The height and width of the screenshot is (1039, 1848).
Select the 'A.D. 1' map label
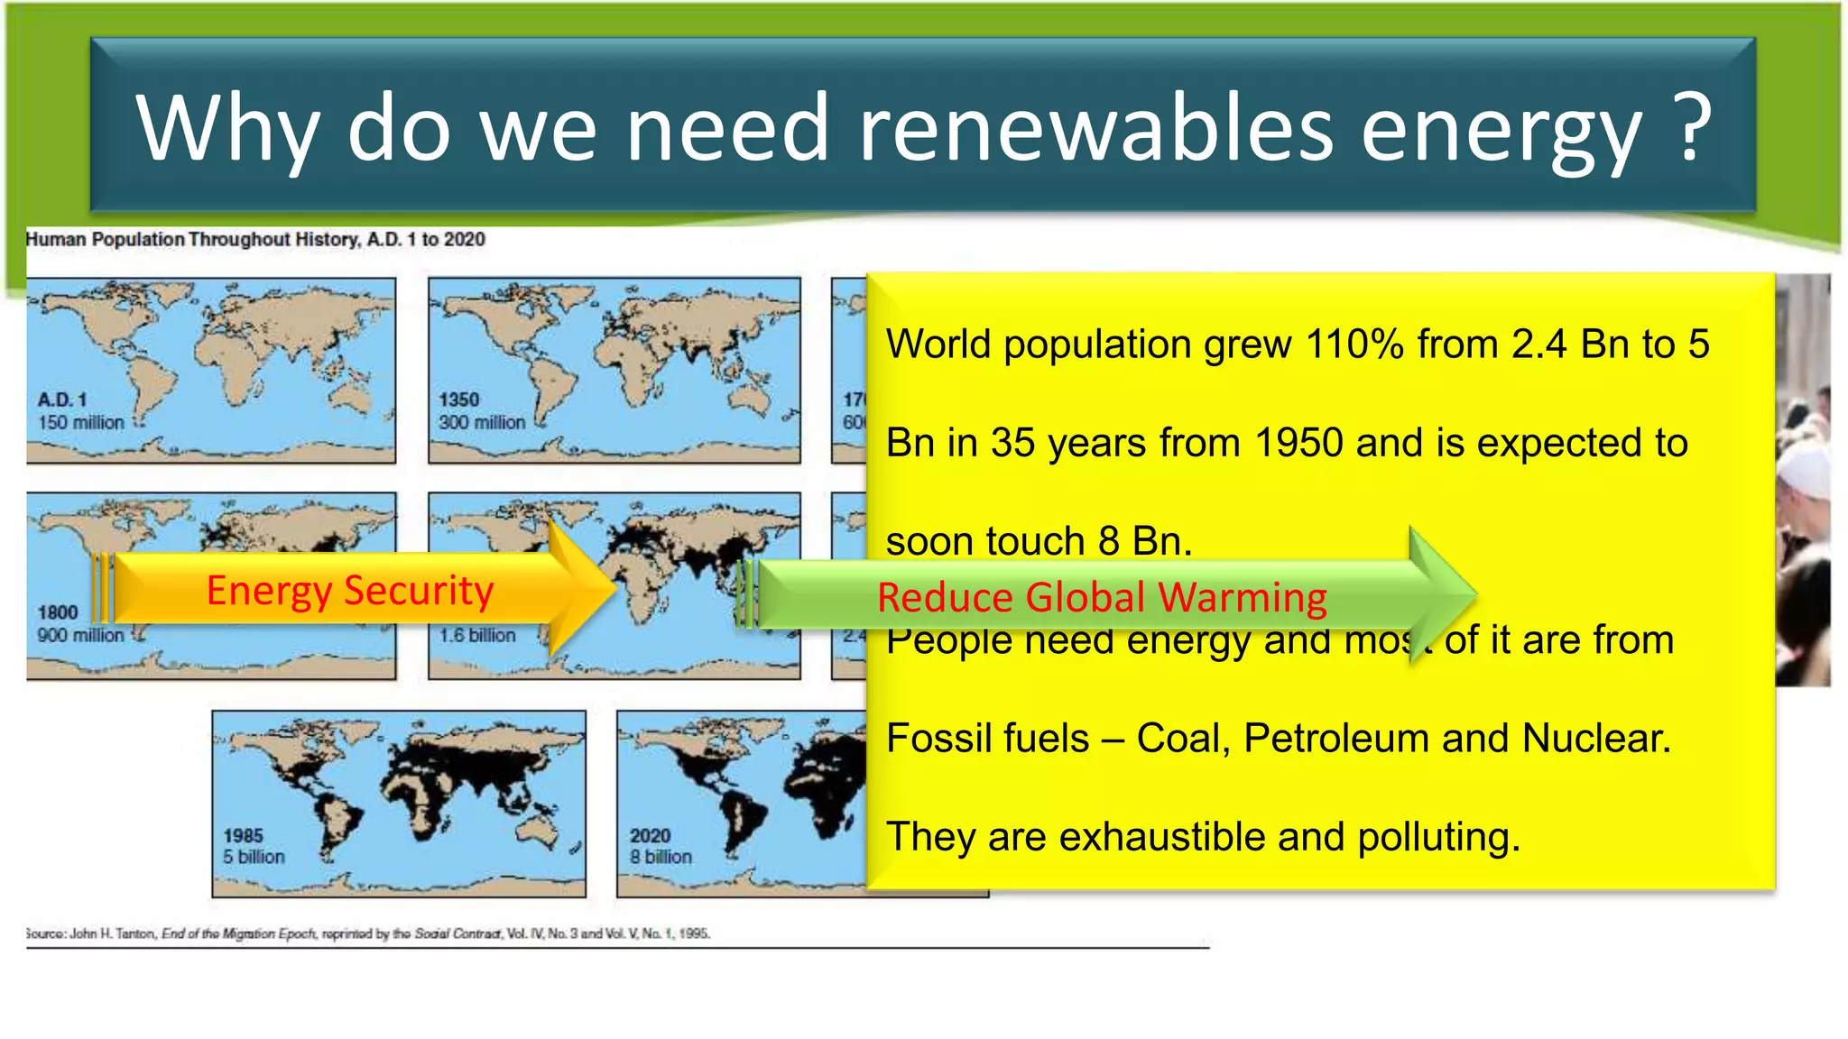[x=62, y=400]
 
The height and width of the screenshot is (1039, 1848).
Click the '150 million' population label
[x=81, y=422]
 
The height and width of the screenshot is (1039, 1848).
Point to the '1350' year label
[x=459, y=400]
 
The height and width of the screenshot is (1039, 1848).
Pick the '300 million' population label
[x=482, y=422]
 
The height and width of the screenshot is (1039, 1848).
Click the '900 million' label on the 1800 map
[x=80, y=635]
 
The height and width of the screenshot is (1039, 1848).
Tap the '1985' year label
[x=244, y=835]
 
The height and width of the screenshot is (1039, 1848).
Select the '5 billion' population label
[x=254, y=857]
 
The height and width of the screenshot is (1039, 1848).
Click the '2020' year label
[x=650, y=835]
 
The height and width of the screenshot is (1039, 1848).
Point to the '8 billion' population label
[x=661, y=857]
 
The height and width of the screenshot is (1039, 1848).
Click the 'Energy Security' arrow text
[x=350, y=591]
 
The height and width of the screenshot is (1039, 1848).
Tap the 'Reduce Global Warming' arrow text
[x=1102, y=598]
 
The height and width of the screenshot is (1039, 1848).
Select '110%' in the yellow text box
[x=1354, y=345]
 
